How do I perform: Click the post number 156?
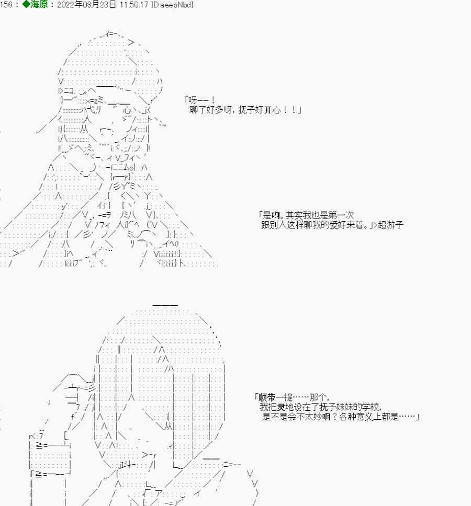click(6, 5)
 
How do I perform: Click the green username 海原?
click(39, 5)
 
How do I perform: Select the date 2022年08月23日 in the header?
click(86, 5)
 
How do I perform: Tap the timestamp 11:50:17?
click(133, 5)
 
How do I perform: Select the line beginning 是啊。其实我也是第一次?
click(306, 215)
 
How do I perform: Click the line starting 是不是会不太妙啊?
click(341, 417)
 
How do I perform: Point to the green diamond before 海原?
click(26, 5)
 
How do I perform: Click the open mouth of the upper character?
click(107, 131)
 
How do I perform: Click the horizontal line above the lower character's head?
click(165, 305)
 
